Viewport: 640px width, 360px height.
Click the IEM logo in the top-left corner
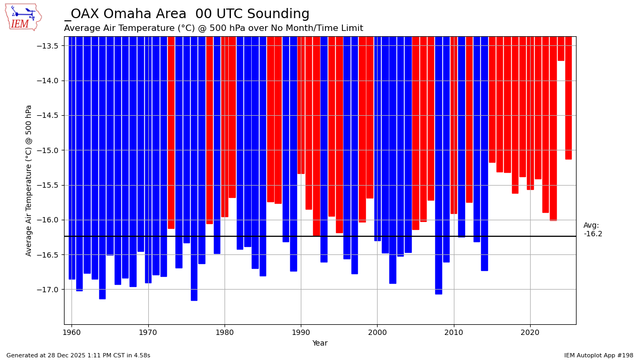point(23,17)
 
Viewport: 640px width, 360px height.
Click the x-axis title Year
point(320,343)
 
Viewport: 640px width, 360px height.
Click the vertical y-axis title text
point(29,180)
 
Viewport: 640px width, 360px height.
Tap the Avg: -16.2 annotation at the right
point(592,230)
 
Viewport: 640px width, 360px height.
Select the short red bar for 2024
point(561,49)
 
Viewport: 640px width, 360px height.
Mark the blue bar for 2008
point(438,165)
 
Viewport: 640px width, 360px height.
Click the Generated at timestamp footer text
point(78,355)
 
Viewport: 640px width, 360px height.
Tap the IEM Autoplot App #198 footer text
point(598,355)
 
